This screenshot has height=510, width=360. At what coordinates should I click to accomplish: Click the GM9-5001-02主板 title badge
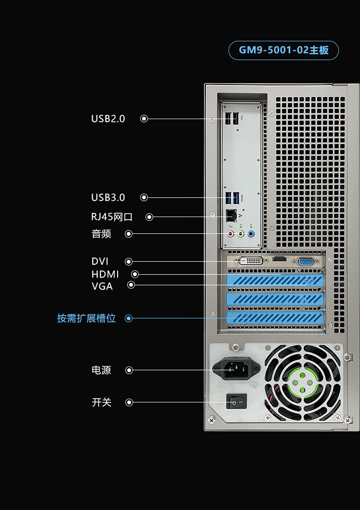pos(284,50)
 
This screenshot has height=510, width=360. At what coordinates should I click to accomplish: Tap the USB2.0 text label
pos(108,119)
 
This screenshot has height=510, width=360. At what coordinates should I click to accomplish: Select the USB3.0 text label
pos(108,197)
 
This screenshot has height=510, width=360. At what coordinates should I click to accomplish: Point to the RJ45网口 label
pos(112,217)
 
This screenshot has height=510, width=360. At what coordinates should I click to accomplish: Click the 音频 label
pos(101,233)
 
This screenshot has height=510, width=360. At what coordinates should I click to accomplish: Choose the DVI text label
pos(100,261)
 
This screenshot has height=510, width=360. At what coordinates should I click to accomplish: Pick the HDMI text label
pos(105,274)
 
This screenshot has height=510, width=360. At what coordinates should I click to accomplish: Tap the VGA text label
pos(102,286)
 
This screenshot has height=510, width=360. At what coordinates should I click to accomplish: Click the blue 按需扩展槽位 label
pos(86,318)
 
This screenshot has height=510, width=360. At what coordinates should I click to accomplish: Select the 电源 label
pos(101,370)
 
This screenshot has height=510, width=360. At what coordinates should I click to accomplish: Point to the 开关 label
pos(101,402)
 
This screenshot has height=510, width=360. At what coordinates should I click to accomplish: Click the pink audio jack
pos(230,233)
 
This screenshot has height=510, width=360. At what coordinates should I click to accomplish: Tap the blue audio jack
pos(251,233)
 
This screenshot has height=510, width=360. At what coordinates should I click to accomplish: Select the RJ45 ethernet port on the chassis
pos(231,215)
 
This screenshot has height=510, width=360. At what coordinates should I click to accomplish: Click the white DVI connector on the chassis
pos(251,261)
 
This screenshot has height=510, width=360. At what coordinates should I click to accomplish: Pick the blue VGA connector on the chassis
pos(306,261)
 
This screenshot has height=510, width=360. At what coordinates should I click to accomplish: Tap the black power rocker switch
pos(237,401)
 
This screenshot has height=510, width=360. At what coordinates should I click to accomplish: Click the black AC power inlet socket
pos(237,367)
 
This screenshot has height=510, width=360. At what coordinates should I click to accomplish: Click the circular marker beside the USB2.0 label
pos(144,119)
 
